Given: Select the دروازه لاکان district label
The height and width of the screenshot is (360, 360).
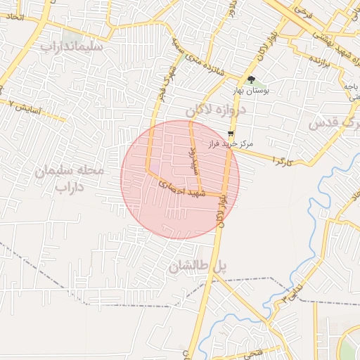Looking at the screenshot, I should click(219, 111).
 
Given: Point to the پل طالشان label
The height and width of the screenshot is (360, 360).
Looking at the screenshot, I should click(200, 267).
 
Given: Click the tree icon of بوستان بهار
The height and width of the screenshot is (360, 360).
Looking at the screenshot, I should click(252, 79).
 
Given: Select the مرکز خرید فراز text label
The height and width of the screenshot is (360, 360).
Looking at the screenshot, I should click(230, 143).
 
